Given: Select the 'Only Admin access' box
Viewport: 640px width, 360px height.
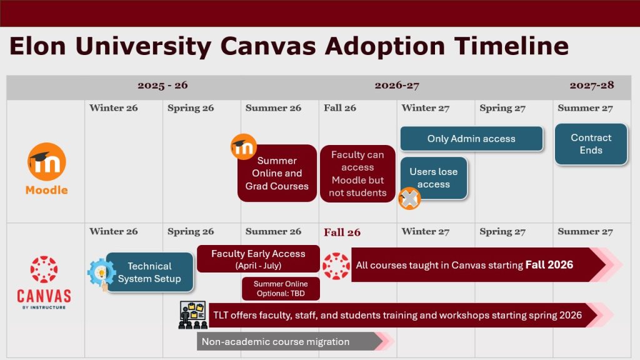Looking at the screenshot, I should pos(471,139).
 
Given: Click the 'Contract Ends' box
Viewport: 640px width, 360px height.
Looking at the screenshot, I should pos(591,144).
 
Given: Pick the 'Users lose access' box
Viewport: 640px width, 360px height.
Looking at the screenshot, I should pos(434,177).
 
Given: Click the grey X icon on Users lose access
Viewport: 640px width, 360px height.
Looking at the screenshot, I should pos(409,199).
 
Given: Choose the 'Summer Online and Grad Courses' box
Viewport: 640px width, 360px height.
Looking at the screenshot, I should pos(277,173).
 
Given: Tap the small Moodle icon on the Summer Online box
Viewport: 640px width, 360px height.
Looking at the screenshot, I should pos(244,147).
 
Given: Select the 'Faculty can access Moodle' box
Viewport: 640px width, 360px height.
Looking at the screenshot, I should pos(357,174).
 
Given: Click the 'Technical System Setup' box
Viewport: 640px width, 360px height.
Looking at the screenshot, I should pos(149,272).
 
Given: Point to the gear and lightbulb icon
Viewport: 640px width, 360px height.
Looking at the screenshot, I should pos(100,274).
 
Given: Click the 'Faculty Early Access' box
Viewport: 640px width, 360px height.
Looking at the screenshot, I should pos(258,258).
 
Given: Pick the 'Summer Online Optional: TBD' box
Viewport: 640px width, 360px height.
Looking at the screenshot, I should pos(281,288).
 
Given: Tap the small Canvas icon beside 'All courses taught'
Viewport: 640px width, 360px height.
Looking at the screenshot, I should pos(336,265).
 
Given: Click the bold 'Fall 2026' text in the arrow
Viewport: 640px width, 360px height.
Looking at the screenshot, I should pos(549,265).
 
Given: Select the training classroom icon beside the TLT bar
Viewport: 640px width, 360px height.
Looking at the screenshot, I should pos(192,315).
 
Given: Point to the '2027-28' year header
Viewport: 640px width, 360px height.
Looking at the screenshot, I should pos(591,86).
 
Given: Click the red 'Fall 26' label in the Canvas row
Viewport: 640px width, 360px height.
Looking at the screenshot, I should pos(342,232).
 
